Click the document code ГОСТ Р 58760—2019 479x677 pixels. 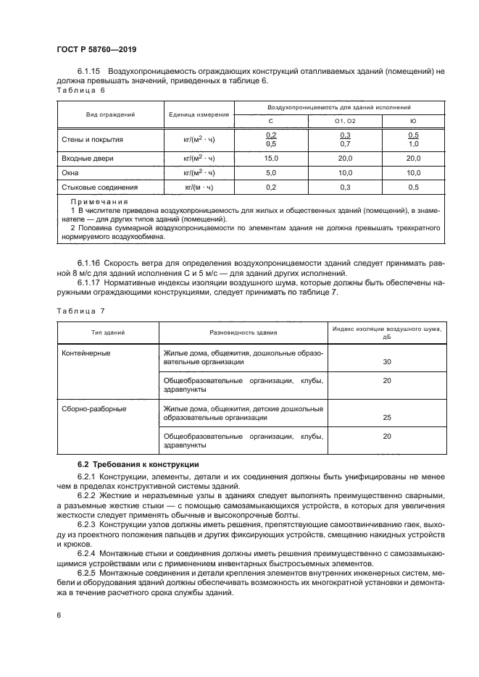coord(96,50)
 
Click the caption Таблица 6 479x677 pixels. coord(80,91)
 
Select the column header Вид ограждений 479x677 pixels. coord(111,114)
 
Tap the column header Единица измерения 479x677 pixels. coord(199,114)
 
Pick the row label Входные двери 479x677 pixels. coord(88,158)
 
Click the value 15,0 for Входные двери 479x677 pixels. coord(271,158)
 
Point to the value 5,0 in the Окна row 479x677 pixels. coord(271,173)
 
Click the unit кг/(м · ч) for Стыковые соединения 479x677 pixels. coord(199,188)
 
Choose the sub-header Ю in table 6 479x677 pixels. coord(413,121)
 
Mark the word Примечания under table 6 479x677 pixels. coord(99,202)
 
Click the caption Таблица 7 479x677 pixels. coord(80,310)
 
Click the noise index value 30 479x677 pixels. coord(386,361)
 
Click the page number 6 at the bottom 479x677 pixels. coord(59,615)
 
